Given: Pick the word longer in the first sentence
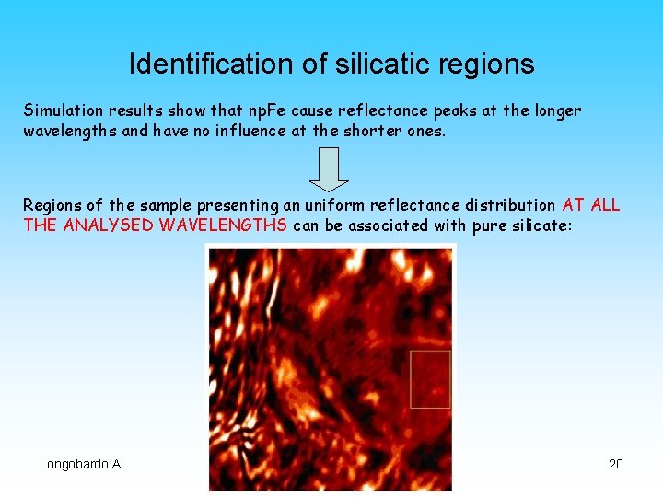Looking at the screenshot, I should coord(555,110).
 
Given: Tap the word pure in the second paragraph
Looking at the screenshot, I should coord(488,225).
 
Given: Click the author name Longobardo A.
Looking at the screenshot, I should coord(81,464).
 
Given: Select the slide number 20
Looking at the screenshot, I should coord(616,464).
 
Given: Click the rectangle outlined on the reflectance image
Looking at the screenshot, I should coord(430,378).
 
